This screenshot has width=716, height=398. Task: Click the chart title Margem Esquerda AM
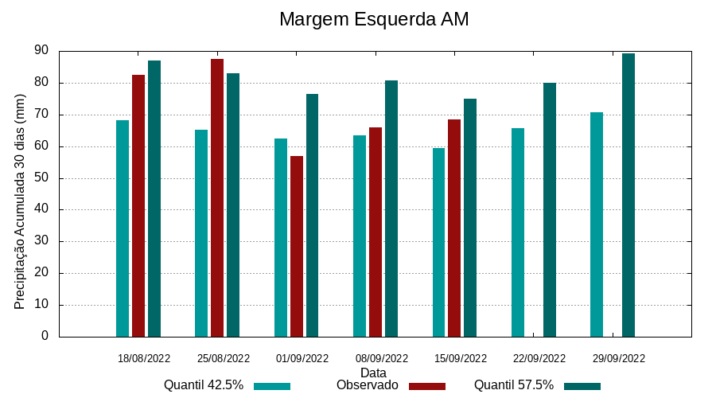(x=374, y=19)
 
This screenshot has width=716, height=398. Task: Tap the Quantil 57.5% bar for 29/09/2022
(x=628, y=195)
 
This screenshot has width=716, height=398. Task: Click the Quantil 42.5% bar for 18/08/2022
(x=123, y=228)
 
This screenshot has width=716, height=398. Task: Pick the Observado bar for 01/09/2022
(x=297, y=246)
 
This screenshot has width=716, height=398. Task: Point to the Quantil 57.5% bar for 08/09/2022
(x=391, y=209)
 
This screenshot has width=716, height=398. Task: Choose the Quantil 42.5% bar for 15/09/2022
(x=439, y=242)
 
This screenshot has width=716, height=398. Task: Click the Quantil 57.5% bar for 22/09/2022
(x=550, y=209)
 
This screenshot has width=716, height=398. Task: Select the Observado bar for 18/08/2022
(x=138, y=205)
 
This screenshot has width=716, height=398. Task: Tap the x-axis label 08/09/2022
(x=382, y=358)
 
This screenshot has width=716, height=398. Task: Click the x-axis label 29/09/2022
(x=619, y=358)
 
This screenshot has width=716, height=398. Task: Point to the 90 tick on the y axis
(x=41, y=51)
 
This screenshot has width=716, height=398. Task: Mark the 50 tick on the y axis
(x=41, y=178)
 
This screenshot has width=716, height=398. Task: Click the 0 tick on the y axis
(x=45, y=336)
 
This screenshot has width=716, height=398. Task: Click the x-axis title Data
(x=373, y=373)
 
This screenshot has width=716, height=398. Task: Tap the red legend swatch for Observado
(x=427, y=386)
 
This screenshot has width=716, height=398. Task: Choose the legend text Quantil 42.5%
(x=204, y=385)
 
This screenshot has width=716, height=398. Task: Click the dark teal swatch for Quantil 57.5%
(x=582, y=386)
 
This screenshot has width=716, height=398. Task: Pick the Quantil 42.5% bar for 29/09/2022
(x=597, y=224)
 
